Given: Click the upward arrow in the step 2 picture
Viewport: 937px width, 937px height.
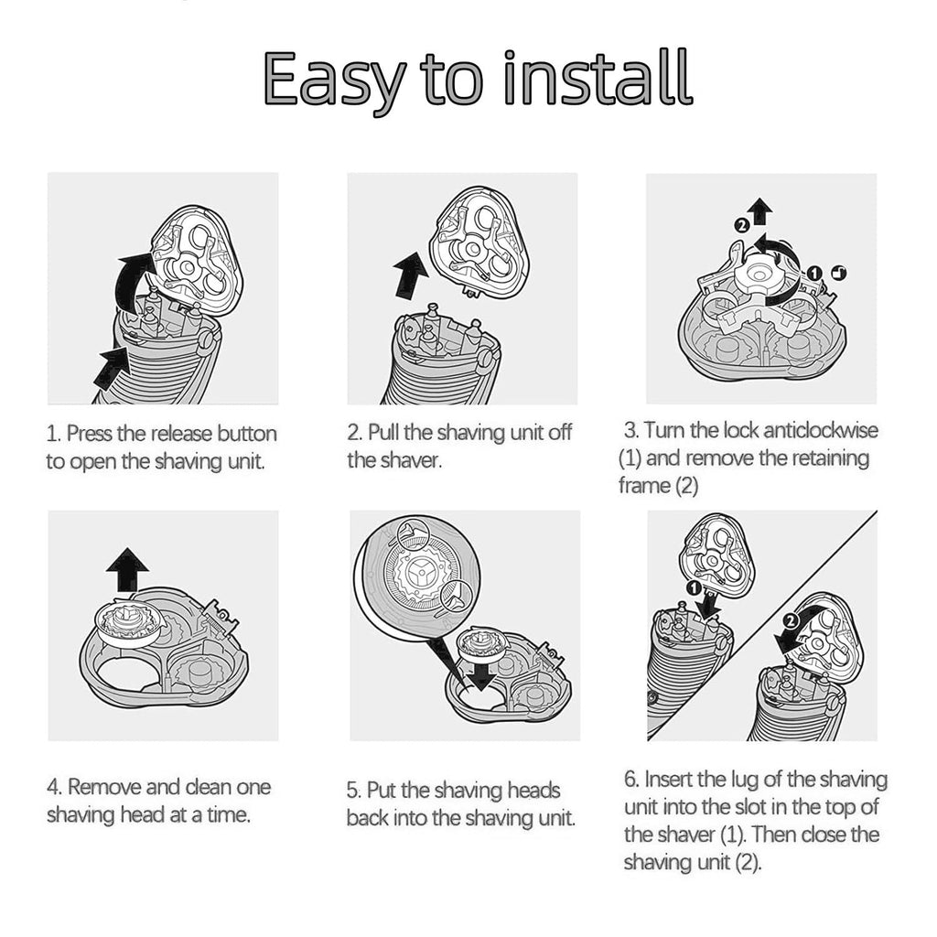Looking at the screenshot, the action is (x=410, y=275).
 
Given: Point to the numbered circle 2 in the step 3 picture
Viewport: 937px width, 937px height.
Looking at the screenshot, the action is (x=740, y=225).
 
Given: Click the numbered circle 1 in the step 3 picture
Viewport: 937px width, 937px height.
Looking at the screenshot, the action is (x=813, y=273).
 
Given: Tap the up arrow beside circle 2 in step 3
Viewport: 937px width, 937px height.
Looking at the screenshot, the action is (x=760, y=211).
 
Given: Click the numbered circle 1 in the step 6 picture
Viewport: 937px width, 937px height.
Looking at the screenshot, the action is (x=694, y=588).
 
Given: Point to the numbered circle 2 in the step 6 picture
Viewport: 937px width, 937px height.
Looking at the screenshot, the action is (x=790, y=621).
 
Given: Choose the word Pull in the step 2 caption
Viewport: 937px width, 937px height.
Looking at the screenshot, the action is (x=383, y=432).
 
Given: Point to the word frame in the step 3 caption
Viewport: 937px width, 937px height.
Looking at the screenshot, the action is (x=644, y=485).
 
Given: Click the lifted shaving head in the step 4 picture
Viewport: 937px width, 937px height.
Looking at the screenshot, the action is (x=128, y=622).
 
